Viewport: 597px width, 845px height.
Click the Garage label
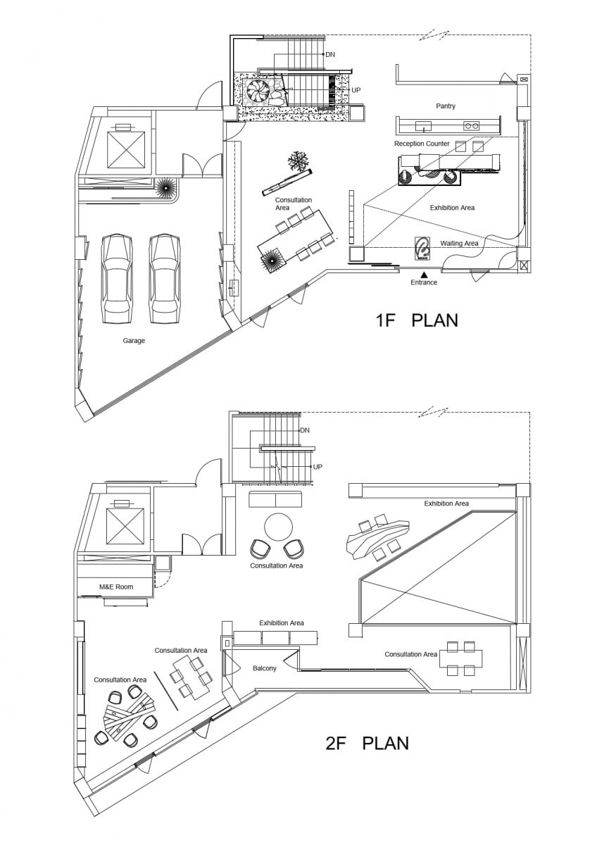[x=134, y=341]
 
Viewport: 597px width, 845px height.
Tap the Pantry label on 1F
[x=445, y=106]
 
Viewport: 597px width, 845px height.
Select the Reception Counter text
[x=422, y=144]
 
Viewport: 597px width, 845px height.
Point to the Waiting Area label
[x=459, y=244]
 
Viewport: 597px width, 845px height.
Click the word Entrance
[x=424, y=282]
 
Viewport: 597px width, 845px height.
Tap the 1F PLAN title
[x=416, y=320]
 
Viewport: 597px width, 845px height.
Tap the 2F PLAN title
[x=367, y=742]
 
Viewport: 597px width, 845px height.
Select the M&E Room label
[x=115, y=587]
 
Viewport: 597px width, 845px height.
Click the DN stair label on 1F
[x=330, y=54]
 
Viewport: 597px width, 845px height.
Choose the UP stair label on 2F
[x=318, y=467]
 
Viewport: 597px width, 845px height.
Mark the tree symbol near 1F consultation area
[x=298, y=161]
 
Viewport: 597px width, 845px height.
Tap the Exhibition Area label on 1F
[x=452, y=208]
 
